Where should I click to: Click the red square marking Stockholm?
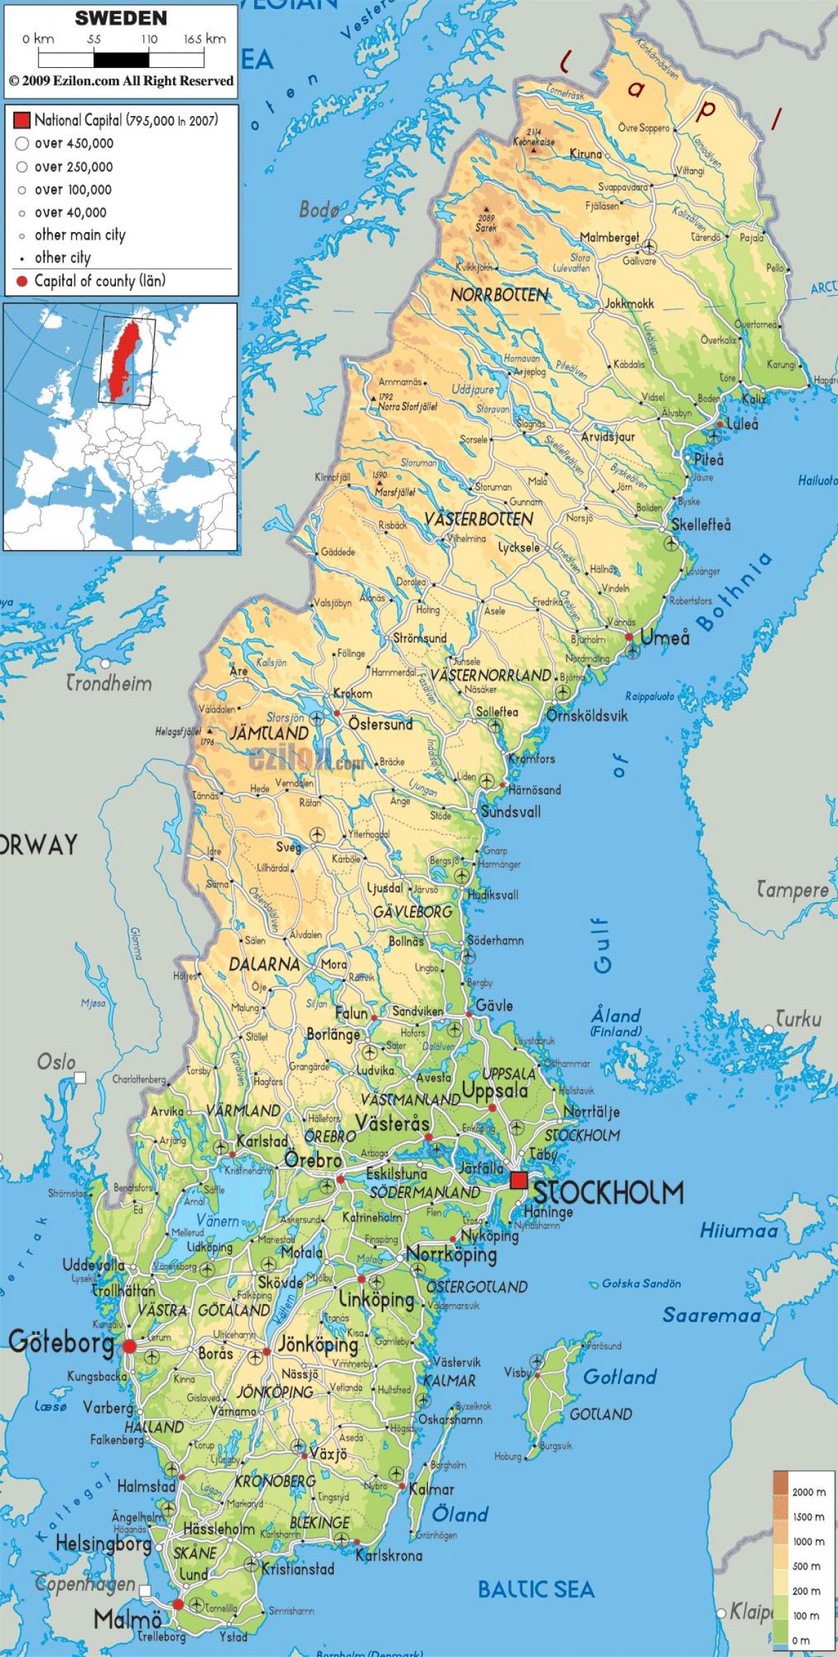[x=519, y=1180]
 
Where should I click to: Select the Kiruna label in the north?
[x=585, y=154]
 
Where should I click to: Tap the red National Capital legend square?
[x=22, y=120]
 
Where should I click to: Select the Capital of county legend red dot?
[x=22, y=282]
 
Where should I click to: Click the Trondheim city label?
[x=109, y=683]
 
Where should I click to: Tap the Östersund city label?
[x=381, y=724]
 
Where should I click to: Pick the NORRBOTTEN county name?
[x=499, y=296]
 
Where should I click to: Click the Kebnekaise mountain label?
[x=534, y=141]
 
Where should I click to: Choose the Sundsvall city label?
[x=510, y=812]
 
